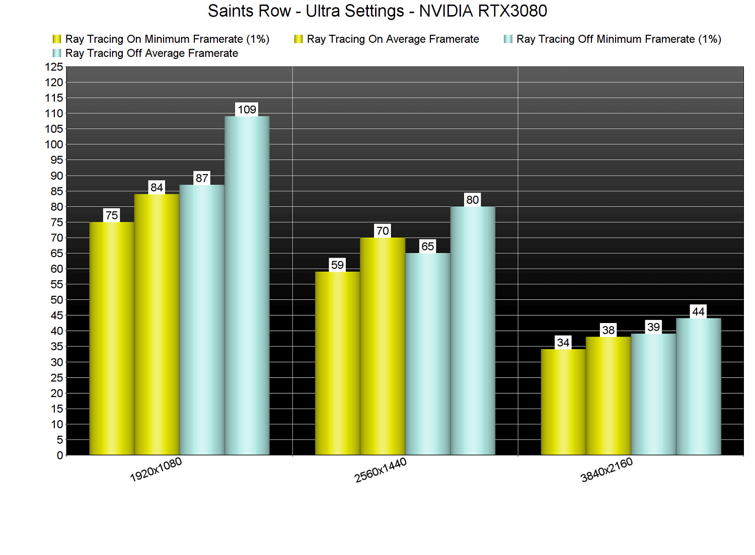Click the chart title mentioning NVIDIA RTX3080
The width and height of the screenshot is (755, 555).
click(377, 11)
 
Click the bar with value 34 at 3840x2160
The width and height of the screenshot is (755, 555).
click(563, 402)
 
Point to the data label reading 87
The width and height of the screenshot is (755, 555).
click(202, 178)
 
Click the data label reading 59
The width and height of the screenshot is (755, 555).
click(337, 265)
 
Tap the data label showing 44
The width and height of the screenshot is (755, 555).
click(698, 311)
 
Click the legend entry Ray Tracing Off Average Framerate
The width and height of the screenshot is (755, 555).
click(152, 53)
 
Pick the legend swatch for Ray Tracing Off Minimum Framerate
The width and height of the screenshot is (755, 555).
click(508, 39)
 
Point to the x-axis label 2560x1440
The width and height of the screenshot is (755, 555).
click(381, 470)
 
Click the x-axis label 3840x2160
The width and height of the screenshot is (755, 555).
click(607, 470)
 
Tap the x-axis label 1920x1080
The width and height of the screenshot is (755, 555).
click(156, 470)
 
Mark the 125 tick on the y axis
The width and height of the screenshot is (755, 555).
click(54, 67)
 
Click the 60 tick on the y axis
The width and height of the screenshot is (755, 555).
click(57, 269)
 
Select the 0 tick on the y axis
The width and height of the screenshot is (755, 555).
click(60, 455)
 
